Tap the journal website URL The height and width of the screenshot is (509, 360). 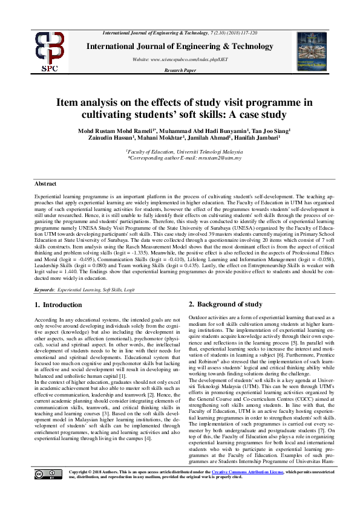point(180,59)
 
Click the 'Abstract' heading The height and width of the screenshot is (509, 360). point(45,183)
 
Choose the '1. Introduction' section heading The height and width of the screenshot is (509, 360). point(58,305)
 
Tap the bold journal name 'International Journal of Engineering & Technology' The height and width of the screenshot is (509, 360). point(180,46)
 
